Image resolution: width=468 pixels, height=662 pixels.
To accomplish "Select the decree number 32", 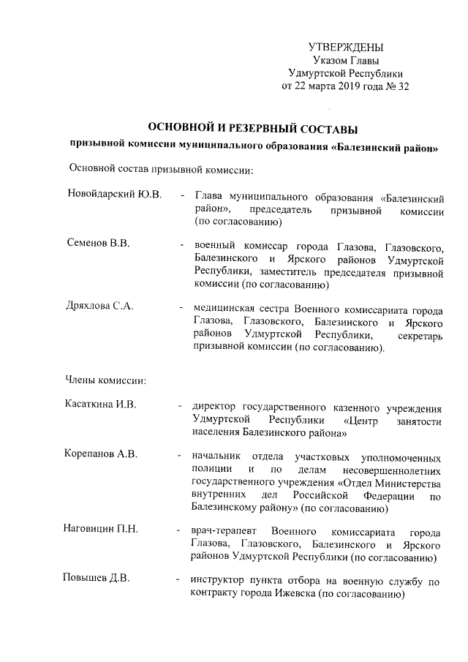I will (403, 87).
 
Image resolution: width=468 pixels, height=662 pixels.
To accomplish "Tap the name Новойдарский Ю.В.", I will (114, 196).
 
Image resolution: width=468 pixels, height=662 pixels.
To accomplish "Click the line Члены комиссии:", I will (106, 380).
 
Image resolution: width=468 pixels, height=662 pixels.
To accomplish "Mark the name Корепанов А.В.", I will (102, 454).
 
